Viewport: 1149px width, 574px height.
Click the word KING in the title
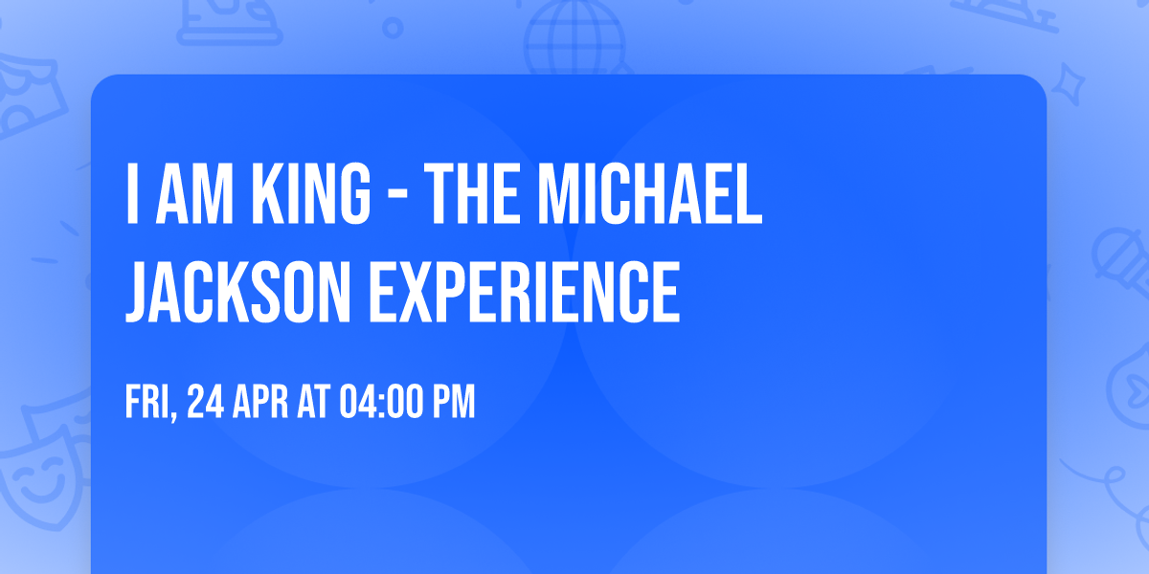[314, 195]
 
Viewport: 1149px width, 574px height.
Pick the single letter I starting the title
[132, 195]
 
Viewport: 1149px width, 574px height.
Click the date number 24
[205, 402]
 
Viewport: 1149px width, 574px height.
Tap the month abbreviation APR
[259, 402]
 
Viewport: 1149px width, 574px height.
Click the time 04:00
[381, 402]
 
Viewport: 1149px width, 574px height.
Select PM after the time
[454, 402]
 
